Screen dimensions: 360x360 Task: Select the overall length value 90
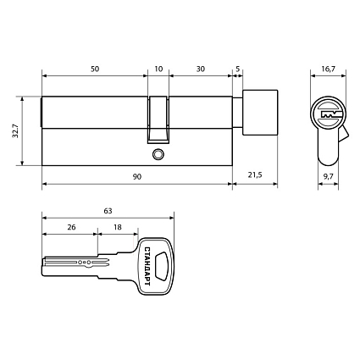(136, 176)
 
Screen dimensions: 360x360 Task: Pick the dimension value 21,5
(253, 176)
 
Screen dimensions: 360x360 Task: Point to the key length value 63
(107, 209)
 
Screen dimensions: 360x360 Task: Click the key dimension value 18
(117, 228)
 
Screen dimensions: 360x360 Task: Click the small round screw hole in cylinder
(158, 154)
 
